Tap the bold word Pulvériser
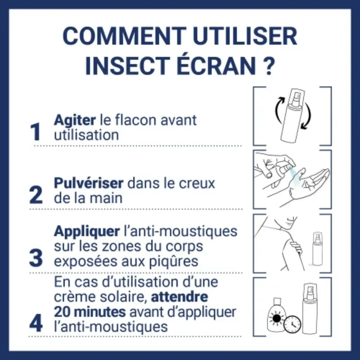88,184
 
